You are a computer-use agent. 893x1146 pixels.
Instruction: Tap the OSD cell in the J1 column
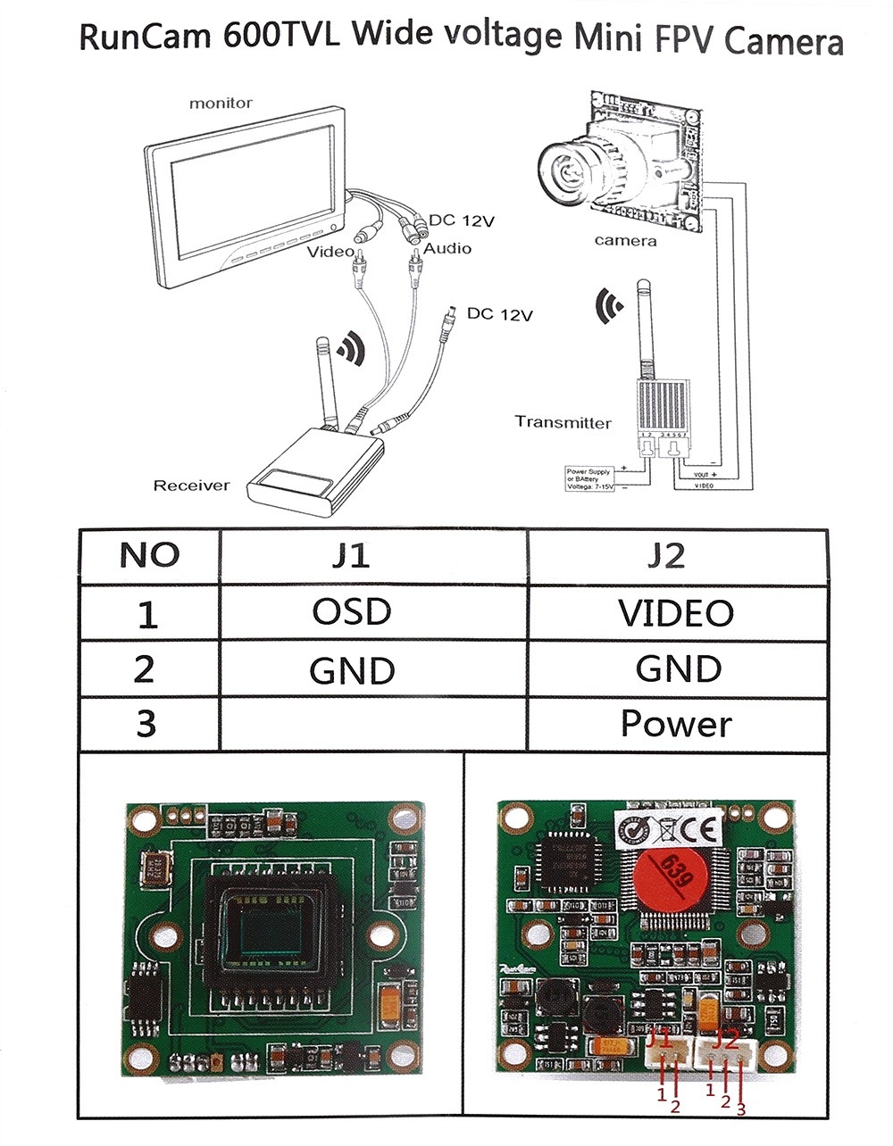[x=352, y=612]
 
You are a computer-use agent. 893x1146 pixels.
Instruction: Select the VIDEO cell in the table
[x=676, y=612]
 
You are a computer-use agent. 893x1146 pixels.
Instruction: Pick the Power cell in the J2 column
[x=676, y=724]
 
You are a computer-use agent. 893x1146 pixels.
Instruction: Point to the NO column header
[x=149, y=555]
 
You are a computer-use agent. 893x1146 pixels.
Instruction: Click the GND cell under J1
[x=352, y=670]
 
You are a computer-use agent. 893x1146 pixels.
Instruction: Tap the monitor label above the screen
[x=221, y=104]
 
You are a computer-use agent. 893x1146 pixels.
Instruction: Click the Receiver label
[x=191, y=486]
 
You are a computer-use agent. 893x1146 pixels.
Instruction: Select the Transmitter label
[x=563, y=422]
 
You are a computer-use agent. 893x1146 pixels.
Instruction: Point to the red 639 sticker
[x=669, y=874]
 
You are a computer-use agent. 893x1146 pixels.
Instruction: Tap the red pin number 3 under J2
[x=740, y=1109]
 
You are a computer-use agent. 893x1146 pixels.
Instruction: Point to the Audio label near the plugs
[x=446, y=249]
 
